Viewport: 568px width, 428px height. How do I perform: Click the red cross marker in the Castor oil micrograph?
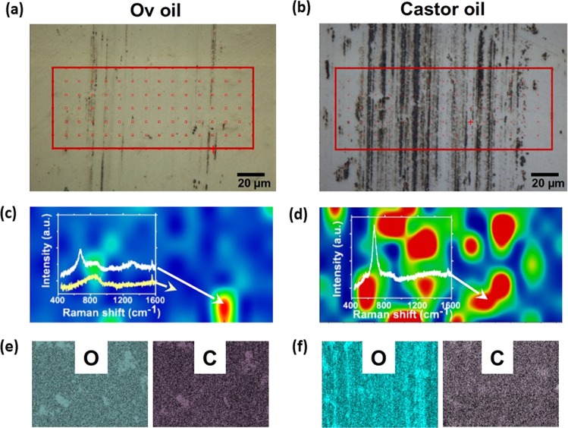[x=471, y=121]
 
